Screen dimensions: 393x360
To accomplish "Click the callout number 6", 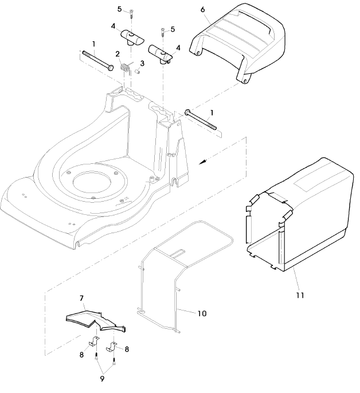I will click(x=203, y=9).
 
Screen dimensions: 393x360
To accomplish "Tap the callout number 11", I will click(x=300, y=295).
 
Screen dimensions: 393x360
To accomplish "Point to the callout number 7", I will click(x=81, y=298).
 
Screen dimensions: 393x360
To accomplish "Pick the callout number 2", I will click(x=117, y=54).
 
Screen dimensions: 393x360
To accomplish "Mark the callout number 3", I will click(x=142, y=62).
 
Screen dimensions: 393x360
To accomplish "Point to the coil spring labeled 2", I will click(x=126, y=68).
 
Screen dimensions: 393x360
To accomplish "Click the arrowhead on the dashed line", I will click(x=202, y=163).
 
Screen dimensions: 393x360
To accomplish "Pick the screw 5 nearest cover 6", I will click(x=165, y=33).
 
